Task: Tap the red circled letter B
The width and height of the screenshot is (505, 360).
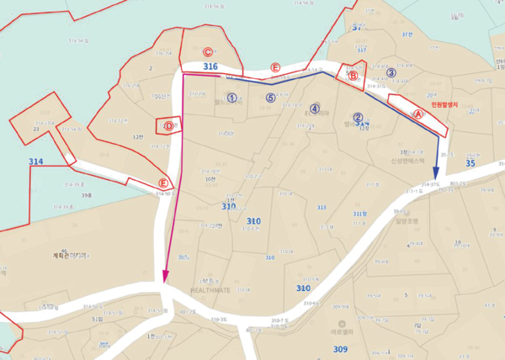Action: (x=353, y=76)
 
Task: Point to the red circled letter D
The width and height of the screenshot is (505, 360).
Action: (x=168, y=126)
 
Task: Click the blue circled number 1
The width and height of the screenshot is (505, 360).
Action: (x=231, y=98)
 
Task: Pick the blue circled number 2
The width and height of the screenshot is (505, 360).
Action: (x=358, y=119)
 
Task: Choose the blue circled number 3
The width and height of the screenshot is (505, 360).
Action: (x=391, y=73)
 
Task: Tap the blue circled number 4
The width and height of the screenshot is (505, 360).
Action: (x=315, y=109)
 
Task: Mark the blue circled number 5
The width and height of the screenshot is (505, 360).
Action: (x=270, y=98)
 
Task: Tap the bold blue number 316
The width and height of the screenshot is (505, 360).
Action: (x=210, y=66)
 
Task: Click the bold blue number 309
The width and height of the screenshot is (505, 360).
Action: (x=340, y=348)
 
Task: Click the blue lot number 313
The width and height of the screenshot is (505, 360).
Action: (x=322, y=207)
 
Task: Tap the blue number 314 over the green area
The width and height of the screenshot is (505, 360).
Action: (x=35, y=161)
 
